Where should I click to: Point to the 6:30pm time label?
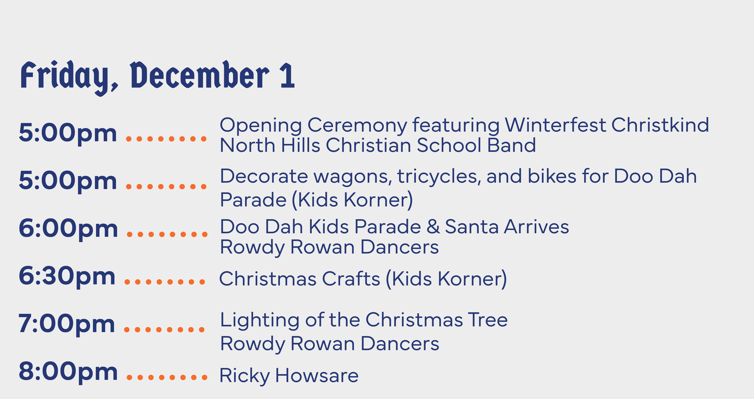click(x=67, y=276)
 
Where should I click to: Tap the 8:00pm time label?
click(x=68, y=372)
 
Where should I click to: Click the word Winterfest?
click(x=555, y=125)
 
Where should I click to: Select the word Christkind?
click(x=660, y=125)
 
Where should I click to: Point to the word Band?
click(x=511, y=145)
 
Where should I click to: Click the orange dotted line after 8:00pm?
click(x=167, y=377)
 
